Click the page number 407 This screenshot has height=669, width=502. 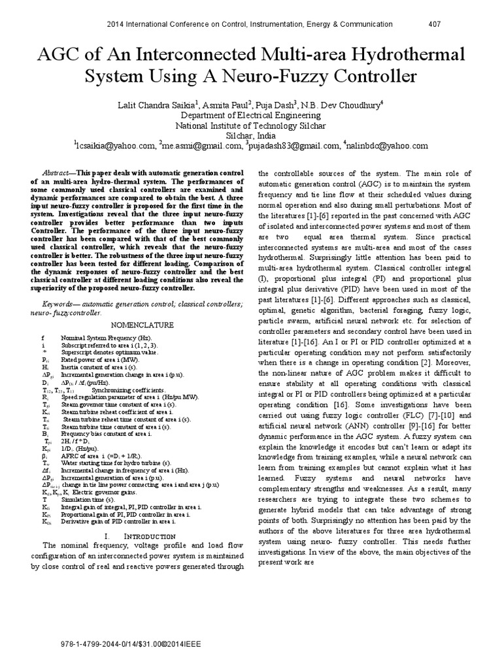tap(434, 24)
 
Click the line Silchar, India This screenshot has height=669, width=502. tap(251, 135)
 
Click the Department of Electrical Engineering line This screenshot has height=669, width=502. tap(251, 114)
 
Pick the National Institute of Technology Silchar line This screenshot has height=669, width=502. tap(251, 125)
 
